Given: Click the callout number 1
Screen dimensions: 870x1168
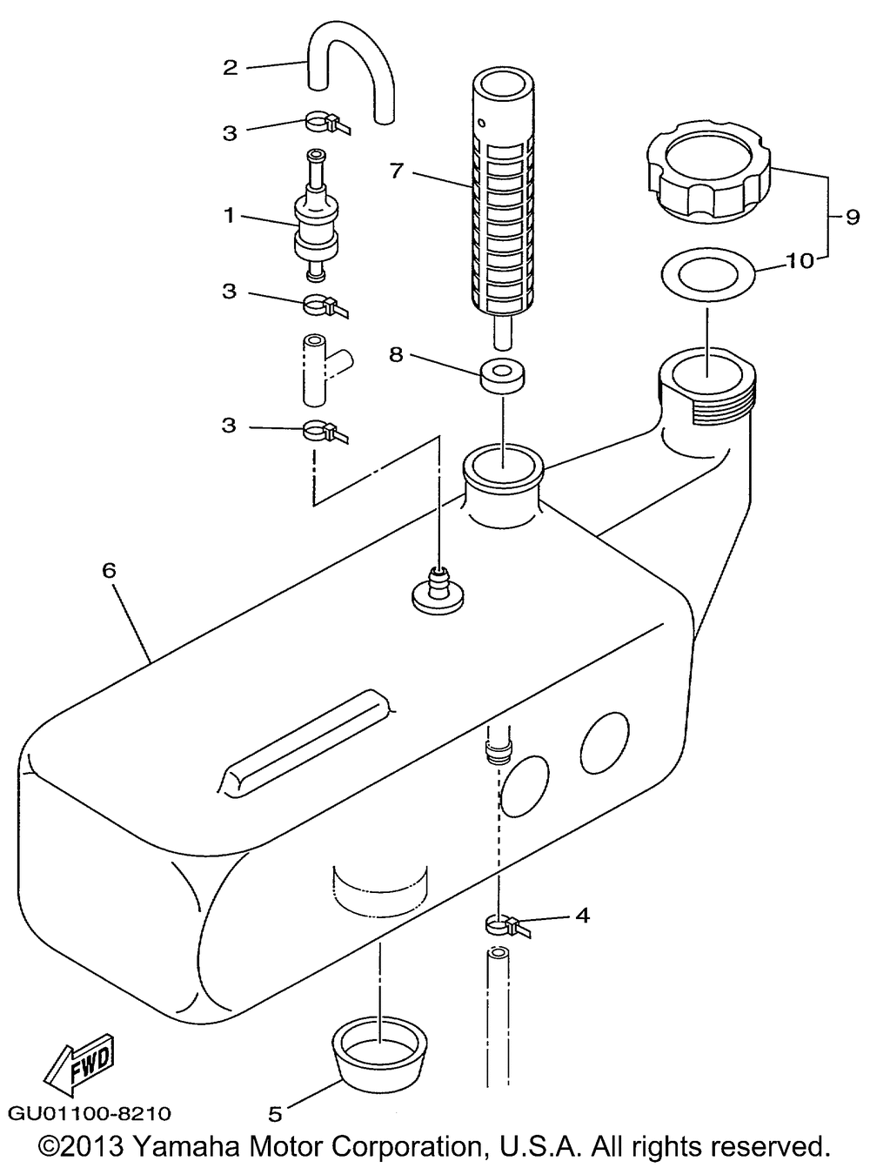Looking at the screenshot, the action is click(229, 215).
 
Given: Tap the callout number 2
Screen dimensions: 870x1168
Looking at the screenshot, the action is click(231, 68).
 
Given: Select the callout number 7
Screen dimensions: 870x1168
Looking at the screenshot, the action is click(396, 171).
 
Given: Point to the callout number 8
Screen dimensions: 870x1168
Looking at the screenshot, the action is click(396, 354).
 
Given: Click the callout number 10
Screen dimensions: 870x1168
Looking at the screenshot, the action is click(801, 261).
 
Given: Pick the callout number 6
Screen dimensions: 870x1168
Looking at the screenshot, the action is click(109, 570).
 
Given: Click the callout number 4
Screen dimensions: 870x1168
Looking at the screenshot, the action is click(581, 916).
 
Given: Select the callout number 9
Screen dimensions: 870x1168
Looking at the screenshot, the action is click(853, 217).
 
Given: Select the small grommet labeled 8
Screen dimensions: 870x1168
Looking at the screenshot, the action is click(503, 375).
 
